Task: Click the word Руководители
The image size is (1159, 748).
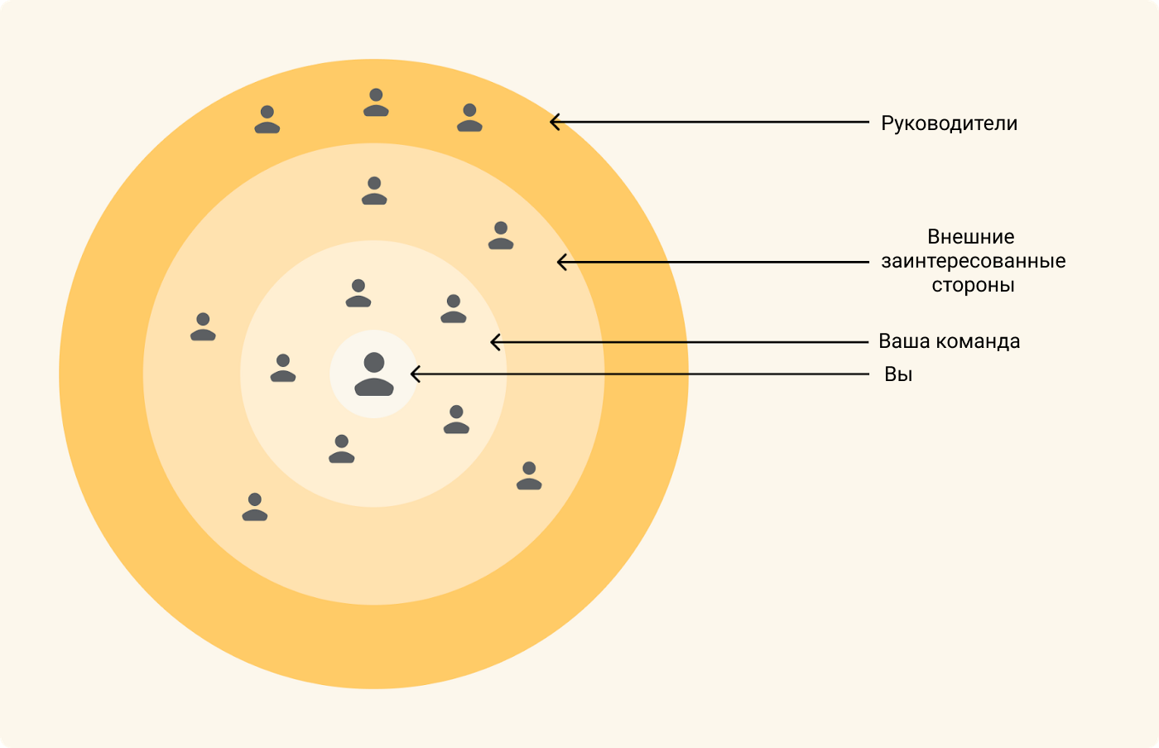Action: tap(949, 123)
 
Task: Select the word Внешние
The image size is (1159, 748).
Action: tap(970, 237)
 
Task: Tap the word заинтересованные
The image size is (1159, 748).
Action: tap(974, 261)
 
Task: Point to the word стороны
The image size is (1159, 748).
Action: tap(973, 285)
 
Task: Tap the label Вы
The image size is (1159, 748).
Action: tap(898, 374)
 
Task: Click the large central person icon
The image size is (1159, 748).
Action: tap(374, 374)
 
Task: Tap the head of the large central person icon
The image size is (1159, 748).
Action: tap(374, 362)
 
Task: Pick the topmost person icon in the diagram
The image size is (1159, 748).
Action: tap(376, 102)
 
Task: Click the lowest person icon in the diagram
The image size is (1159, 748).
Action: tap(255, 507)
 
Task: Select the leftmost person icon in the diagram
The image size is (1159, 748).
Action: tap(203, 326)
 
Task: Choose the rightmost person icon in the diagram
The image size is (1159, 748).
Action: tap(529, 475)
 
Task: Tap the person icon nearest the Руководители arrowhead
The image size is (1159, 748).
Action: tap(469, 118)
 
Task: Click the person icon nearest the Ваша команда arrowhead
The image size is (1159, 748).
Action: tap(454, 308)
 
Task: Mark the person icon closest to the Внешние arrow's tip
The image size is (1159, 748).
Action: tap(501, 235)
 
